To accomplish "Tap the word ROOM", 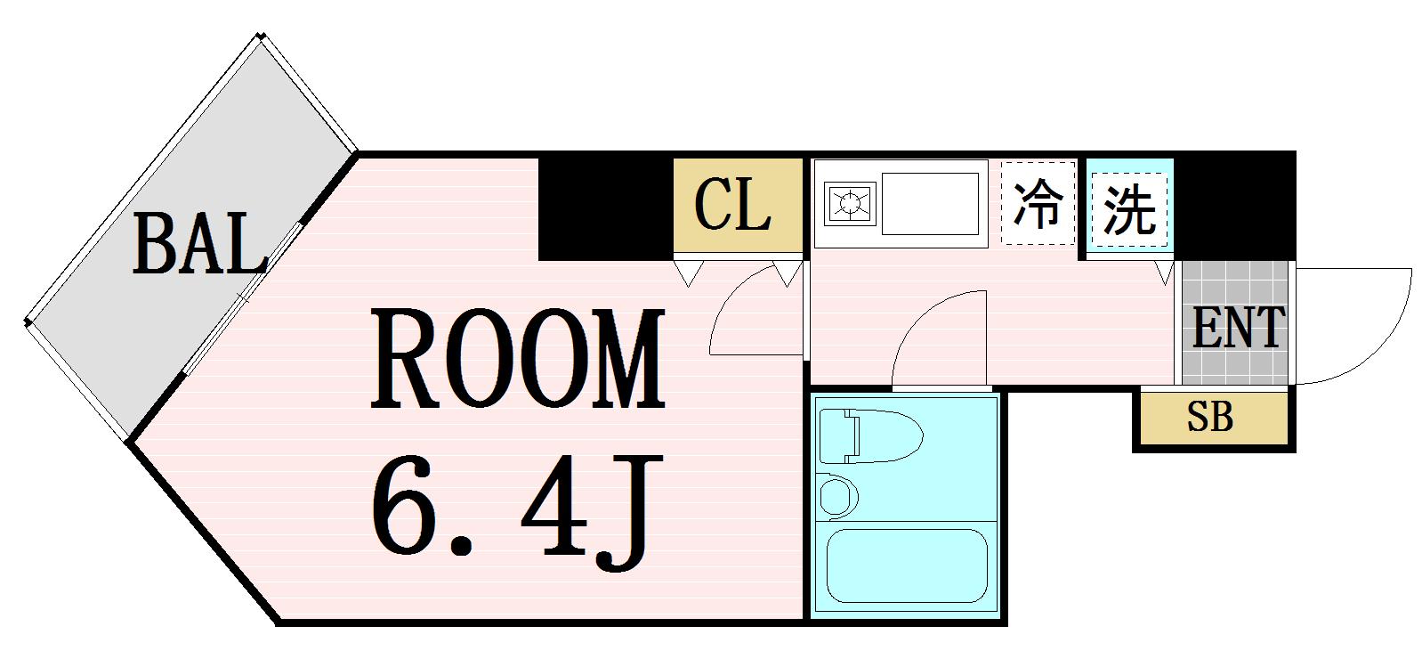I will pos(518,359).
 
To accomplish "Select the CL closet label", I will pos(732,206).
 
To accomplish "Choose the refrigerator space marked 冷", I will pos(1038,203).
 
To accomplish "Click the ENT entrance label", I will pos(1237,327).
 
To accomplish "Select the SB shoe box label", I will pos(1210,417).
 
